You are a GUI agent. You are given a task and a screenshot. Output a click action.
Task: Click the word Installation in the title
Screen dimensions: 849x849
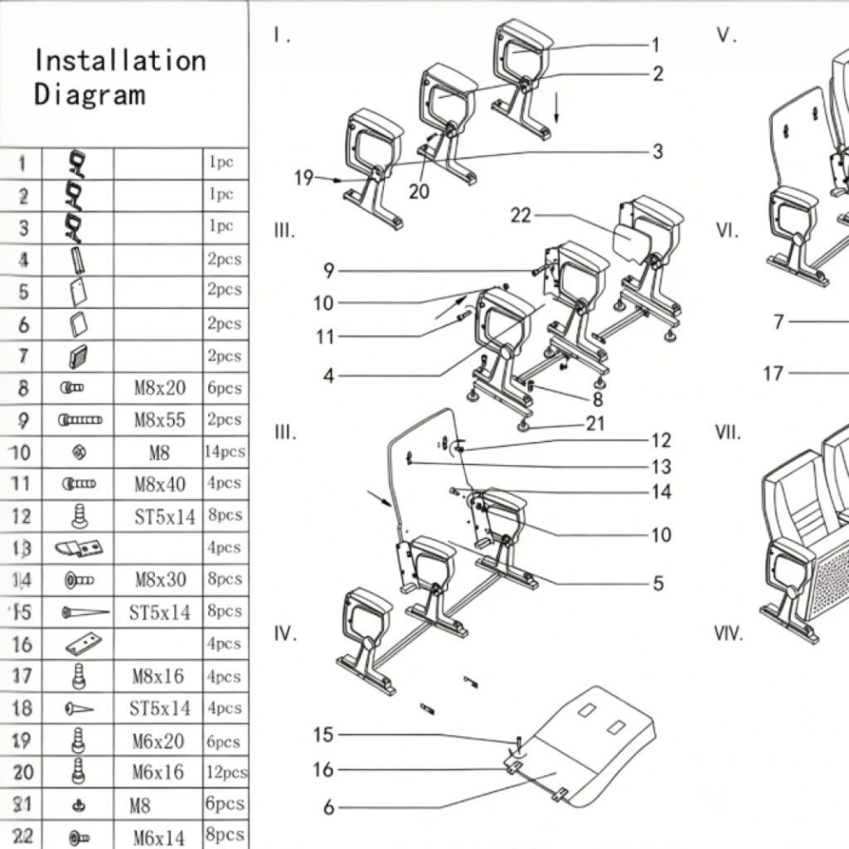click(120, 61)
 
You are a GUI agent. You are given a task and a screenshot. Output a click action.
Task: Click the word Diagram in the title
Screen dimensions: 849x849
click(90, 94)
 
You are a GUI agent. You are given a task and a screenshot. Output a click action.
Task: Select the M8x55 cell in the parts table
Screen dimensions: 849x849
click(160, 420)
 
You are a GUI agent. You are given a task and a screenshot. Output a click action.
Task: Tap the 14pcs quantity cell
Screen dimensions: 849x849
click(225, 452)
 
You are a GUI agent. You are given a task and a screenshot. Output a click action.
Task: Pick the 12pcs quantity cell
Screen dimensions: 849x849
click(226, 772)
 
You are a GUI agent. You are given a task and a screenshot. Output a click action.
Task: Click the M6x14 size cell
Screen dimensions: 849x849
click(159, 837)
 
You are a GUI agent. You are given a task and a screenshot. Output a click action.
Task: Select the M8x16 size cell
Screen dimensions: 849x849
click(158, 677)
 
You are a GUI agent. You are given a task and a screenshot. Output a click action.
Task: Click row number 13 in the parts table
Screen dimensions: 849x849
click(22, 548)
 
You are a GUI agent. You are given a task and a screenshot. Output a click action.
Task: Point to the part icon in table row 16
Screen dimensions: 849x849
click(86, 643)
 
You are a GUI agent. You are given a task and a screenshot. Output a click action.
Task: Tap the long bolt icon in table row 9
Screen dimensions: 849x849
click(80, 420)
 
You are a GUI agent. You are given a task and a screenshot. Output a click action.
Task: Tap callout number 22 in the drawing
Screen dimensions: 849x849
click(520, 216)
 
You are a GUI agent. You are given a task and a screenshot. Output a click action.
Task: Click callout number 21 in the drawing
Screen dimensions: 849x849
click(595, 424)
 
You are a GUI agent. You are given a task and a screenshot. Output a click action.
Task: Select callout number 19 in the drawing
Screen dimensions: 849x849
click(303, 177)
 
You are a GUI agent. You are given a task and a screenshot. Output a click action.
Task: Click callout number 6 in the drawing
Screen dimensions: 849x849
click(328, 807)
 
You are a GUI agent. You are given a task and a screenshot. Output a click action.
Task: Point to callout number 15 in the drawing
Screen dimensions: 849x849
click(323, 735)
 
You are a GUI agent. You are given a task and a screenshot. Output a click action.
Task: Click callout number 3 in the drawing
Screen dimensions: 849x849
click(657, 152)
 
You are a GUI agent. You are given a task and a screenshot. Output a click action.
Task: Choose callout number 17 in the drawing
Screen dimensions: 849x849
click(773, 374)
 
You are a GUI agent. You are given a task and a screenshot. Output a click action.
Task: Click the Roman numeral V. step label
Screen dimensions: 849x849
click(727, 35)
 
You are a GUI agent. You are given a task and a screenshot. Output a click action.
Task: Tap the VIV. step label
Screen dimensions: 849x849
click(729, 634)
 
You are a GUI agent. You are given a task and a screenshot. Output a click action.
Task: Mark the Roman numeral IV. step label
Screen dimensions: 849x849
click(285, 634)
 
